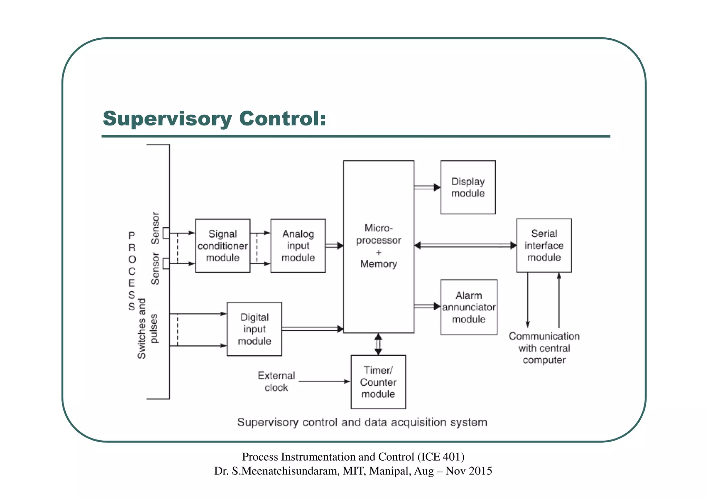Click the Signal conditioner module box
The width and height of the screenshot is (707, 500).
pos(223,246)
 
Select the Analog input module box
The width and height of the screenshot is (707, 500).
pos(298,246)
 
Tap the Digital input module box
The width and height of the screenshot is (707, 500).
pos(254,329)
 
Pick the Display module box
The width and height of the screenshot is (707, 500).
pos(468,187)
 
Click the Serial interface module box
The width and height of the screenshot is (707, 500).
pos(544,245)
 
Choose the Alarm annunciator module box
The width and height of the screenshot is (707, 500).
pos(469,307)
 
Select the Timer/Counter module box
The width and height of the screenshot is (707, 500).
pos(378,382)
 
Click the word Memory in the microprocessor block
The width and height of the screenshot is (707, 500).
pos(379,264)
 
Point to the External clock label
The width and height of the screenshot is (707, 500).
pos(277,381)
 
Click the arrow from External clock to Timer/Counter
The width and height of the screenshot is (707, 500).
pos(325,381)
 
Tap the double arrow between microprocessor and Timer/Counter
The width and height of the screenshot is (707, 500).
pos(378,344)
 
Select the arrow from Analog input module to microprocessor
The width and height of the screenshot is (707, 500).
pos(334,246)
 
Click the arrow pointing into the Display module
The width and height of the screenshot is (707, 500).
pos(427,187)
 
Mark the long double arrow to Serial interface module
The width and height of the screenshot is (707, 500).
pos(465,246)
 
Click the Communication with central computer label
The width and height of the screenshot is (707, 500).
pos(544,348)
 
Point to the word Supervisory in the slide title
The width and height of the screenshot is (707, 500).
pos(167,119)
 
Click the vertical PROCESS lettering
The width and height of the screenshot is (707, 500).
pos(132,271)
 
